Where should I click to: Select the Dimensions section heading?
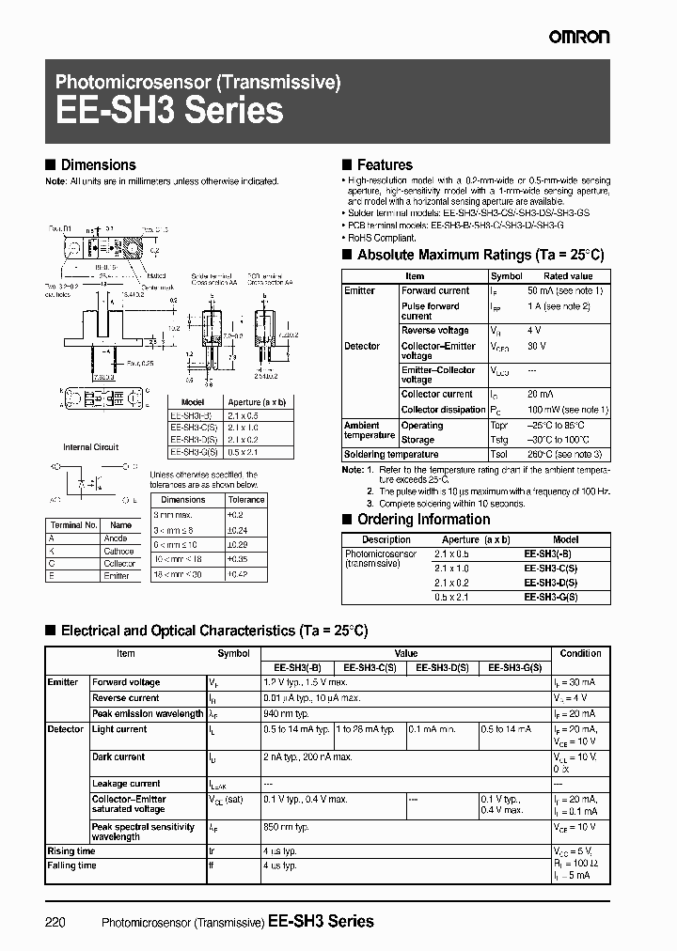coord(98,164)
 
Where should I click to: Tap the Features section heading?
coord(385,164)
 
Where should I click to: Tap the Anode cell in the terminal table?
coord(116,538)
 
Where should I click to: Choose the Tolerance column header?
coord(246,500)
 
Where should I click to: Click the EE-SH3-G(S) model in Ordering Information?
coord(551,597)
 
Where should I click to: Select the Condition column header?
coord(580,653)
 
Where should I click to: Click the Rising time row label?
coord(72,851)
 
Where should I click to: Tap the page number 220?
coord(55,922)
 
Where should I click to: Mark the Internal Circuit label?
coord(90,447)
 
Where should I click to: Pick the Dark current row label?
coord(118,756)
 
